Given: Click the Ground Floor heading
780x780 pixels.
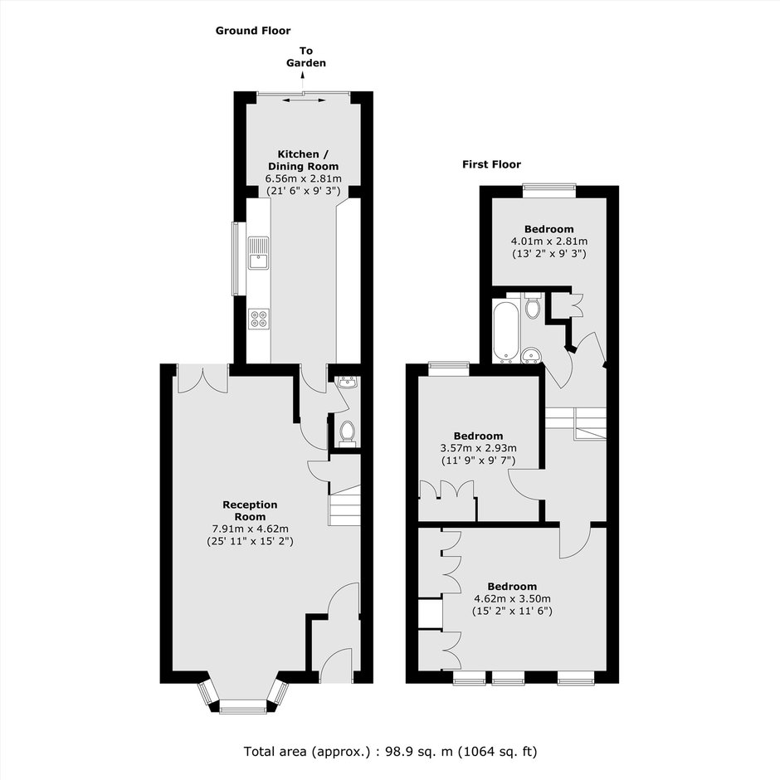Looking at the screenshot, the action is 253,31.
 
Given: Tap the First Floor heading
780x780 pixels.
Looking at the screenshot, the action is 491,164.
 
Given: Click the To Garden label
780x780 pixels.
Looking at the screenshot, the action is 306,56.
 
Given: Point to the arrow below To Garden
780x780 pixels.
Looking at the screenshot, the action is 302,76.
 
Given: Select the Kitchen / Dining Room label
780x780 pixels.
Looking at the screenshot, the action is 304,160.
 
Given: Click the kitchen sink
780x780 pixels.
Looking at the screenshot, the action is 258,253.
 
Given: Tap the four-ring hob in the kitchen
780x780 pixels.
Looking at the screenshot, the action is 259,319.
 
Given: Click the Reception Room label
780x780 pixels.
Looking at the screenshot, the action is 250,510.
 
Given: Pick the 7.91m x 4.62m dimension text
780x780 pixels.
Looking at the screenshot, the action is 251,529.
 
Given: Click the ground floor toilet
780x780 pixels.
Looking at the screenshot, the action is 347,433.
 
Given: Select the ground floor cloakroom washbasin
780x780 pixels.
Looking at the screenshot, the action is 347,382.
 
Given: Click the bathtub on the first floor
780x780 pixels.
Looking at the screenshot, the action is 506,330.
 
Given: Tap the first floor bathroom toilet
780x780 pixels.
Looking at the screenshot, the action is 532,305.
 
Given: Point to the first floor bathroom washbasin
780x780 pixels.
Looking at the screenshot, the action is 532,355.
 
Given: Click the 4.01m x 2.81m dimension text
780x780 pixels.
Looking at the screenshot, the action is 549,241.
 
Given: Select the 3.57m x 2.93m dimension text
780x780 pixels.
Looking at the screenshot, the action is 479,448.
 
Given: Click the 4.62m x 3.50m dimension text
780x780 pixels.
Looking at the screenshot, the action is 512,599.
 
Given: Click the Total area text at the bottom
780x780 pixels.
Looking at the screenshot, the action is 391,751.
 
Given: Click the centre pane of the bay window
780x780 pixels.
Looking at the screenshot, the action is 243,706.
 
